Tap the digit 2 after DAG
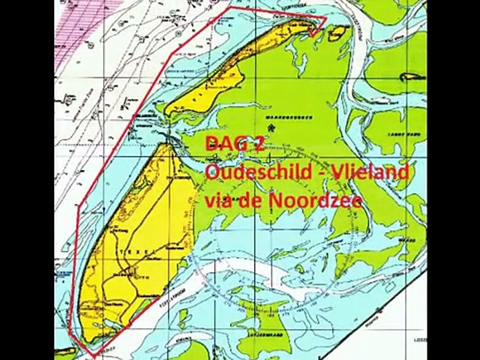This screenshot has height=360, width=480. tap(257, 144)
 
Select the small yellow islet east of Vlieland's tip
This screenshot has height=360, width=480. tap(337, 33)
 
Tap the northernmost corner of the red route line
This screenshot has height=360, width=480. tap(230, 8)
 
